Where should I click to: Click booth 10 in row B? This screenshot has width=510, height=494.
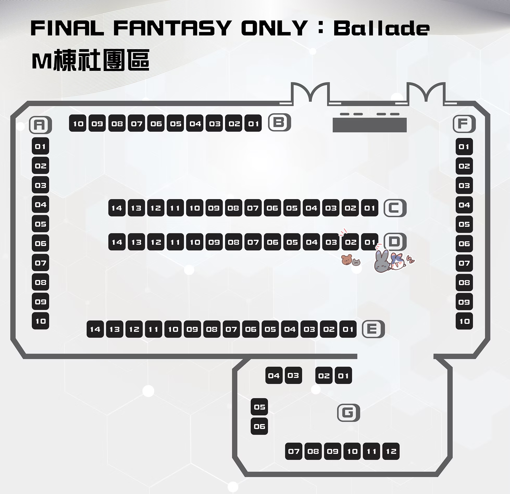tap(78, 123)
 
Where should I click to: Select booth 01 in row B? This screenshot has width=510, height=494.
tap(253, 123)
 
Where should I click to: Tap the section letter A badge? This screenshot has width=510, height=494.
tap(40, 125)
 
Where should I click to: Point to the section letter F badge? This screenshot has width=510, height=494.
tap(464, 124)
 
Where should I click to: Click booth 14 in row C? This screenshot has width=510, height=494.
tap(117, 208)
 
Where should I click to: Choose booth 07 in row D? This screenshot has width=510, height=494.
tap(253, 242)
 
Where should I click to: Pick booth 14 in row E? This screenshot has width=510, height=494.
tap(95, 329)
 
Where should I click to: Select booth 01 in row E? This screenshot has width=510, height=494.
tap(348, 329)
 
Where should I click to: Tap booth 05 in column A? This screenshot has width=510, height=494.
tap(40, 224)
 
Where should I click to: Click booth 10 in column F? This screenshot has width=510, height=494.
tap(464, 321)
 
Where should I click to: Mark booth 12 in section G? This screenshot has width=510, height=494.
tap(391, 451)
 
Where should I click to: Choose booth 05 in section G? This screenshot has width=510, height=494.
tap(259, 407)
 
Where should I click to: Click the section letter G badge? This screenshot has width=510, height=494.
tap(349, 413)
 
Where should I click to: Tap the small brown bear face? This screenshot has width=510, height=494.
tap(346, 260)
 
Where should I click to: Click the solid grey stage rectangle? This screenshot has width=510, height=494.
tap(370, 125)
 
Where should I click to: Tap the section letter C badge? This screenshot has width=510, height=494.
tap(395, 208)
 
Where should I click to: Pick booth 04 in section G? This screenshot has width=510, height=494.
tap(274, 375)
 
